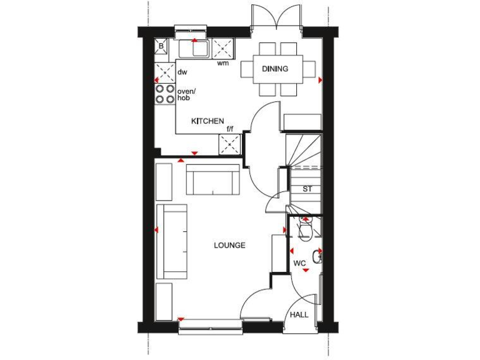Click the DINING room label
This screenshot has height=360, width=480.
[x=275, y=69]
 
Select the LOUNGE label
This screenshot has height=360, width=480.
[x=229, y=246]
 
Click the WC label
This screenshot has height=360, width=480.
[x=299, y=264]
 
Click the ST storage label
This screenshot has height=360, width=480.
[x=307, y=189]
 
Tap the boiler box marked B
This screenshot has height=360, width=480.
[x=161, y=46]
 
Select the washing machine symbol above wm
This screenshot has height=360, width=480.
[x=222, y=47]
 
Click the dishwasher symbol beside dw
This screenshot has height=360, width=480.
[x=165, y=72]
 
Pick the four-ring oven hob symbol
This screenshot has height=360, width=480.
[x=165, y=94]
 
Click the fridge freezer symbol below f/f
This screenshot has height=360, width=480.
[x=229, y=144]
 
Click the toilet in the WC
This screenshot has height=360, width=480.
[x=305, y=229]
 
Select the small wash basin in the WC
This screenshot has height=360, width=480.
[x=317, y=256]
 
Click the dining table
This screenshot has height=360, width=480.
[x=279, y=69]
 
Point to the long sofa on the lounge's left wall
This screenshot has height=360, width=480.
[x=172, y=241]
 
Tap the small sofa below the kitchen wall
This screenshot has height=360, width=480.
[x=212, y=180]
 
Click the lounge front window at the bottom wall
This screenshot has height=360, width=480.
[x=210, y=322]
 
